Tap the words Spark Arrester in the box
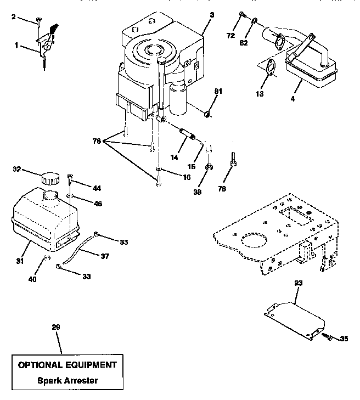coord(68,380)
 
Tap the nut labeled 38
coord(210,167)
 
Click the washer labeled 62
coord(256,22)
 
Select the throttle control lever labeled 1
coord(46,44)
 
